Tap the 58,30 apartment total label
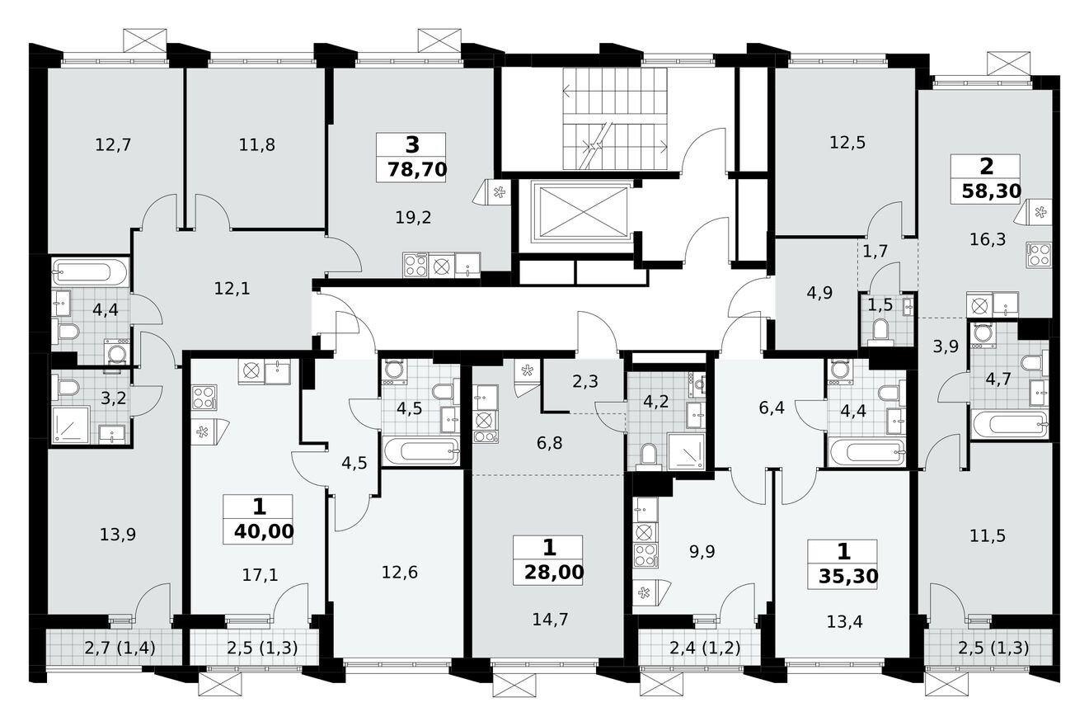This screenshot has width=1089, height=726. point(991,192)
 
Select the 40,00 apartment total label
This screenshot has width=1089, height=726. point(263,531)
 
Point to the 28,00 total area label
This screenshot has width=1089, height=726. point(550,572)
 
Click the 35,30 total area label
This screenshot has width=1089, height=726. point(841,575)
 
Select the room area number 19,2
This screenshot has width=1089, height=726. point(414,218)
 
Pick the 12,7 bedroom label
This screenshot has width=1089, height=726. point(113,145)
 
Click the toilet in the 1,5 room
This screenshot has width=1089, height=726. point(880,332)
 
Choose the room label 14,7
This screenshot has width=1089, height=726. point(550,620)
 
